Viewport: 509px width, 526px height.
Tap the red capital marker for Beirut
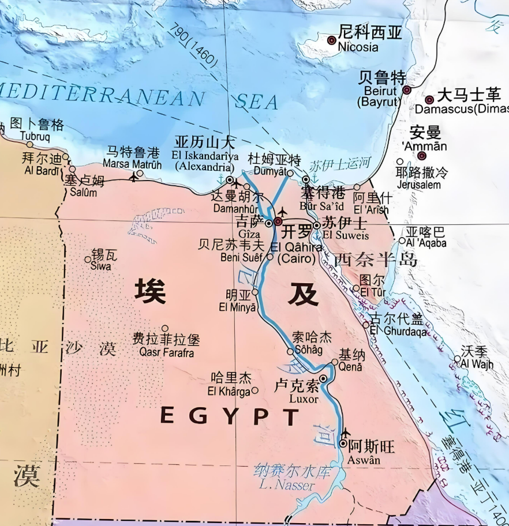[406, 90]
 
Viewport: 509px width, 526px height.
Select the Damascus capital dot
[429, 100]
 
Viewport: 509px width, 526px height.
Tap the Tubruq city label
[35, 137]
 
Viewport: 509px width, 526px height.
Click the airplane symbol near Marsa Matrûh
[134, 176]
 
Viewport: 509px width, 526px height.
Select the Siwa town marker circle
[88, 260]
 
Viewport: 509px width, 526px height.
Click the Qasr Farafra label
[163, 353]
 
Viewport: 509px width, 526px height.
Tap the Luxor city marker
[323, 378]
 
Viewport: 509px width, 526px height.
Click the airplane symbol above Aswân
[346, 432]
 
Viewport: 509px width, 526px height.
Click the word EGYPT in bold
[229, 416]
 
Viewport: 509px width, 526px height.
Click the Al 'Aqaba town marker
[402, 241]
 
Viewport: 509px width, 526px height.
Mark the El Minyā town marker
[255, 292]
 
